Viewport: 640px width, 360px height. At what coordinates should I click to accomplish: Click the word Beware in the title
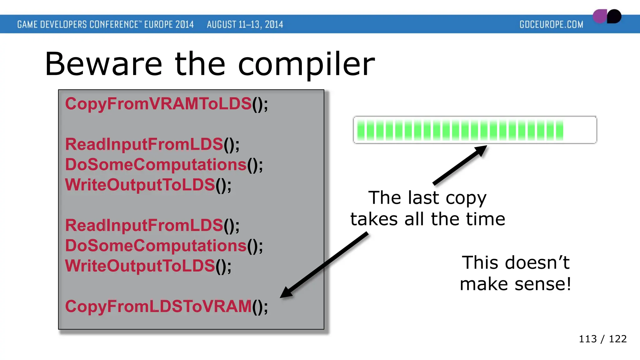103,64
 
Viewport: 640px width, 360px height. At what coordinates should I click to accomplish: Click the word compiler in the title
306,65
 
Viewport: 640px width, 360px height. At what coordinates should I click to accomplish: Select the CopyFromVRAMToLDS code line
166,104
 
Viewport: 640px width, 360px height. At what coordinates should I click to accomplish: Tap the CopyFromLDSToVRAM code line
166,307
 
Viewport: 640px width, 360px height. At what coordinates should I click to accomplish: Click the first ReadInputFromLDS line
152,145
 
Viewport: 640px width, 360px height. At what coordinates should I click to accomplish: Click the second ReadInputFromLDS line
152,226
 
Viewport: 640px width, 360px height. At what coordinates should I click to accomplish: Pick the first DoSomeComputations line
164,165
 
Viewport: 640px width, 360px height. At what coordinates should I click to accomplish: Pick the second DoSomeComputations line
164,246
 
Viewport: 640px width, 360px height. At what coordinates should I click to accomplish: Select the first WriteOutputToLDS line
148,185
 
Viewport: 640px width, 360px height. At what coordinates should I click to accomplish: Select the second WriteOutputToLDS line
148,266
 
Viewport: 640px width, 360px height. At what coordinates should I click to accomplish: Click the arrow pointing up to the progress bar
459,165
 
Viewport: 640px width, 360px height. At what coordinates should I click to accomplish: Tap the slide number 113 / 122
602,339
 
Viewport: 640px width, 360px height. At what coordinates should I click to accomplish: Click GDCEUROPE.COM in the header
551,24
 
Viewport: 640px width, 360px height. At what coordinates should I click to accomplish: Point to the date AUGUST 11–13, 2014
245,24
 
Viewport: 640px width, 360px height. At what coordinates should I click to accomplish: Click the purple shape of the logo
599,17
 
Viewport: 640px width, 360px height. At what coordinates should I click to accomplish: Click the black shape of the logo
614,16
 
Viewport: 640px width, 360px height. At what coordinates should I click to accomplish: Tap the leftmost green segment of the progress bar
361,130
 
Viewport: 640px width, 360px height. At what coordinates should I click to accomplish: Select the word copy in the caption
466,198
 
